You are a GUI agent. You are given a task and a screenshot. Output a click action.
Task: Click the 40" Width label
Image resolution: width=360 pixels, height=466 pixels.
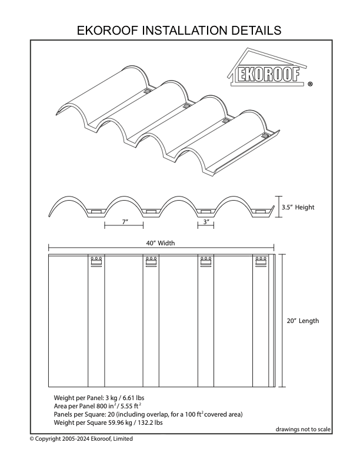click(x=161, y=242)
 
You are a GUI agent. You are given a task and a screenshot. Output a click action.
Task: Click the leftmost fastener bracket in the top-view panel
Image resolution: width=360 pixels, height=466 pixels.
click(x=96, y=262)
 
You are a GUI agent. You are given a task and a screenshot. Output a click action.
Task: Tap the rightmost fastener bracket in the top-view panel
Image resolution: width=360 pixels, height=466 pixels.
click(x=261, y=262)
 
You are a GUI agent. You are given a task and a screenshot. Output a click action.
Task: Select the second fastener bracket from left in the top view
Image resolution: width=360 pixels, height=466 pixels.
click(x=151, y=262)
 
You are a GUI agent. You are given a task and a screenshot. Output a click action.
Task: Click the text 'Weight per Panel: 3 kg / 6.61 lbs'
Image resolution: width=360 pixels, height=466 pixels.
click(x=100, y=398)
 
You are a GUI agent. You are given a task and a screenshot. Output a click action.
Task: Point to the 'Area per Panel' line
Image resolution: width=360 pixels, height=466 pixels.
click(x=98, y=406)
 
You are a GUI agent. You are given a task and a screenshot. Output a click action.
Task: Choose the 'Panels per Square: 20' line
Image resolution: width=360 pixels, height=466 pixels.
click(x=148, y=414)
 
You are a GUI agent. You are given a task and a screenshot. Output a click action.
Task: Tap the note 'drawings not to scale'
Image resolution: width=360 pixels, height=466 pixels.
click(x=302, y=429)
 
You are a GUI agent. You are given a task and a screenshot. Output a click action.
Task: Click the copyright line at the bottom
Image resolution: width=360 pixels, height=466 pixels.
click(x=81, y=439)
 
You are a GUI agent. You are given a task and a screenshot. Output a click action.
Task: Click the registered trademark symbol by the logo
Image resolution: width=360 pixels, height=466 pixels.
click(x=310, y=84)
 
